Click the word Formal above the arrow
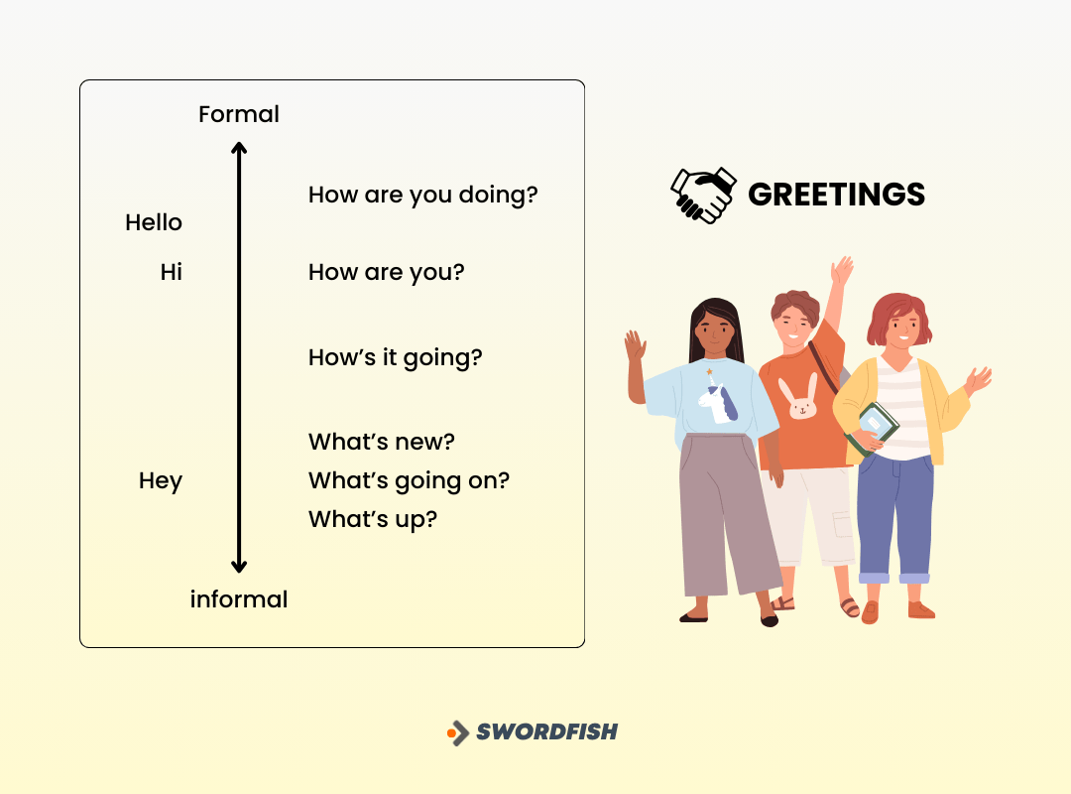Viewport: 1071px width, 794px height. coord(239,114)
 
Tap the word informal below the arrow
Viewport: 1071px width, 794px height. coord(239,599)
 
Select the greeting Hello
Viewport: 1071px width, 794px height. coord(154,223)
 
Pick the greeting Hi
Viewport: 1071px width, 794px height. coord(172,272)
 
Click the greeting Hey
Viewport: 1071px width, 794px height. coord(161,481)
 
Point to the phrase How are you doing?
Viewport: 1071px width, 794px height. coord(422,195)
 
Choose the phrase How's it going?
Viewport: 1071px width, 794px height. coord(395,357)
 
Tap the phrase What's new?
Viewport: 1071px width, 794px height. coord(381,442)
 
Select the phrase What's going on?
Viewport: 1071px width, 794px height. coord(409,481)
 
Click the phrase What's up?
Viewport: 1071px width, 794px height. coord(372,519)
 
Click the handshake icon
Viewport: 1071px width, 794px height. coord(703,195)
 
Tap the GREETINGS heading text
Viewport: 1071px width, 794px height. coord(836,195)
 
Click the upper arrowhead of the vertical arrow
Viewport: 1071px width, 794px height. coord(238,149)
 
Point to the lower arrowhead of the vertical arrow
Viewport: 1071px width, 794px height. coord(238,567)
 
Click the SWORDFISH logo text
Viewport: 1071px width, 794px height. coord(546,732)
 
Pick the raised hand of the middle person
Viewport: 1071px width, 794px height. coord(842,270)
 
